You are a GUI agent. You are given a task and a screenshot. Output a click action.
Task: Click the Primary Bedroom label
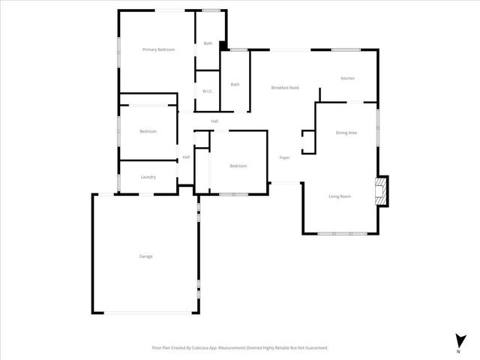click(158, 49)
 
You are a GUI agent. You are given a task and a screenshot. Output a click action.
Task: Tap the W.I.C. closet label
click(207, 91)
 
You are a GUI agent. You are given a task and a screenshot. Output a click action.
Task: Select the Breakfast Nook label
click(285, 88)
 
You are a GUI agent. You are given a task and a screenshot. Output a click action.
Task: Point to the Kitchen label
click(347, 79)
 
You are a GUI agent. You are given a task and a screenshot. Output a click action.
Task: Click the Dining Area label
click(346, 133)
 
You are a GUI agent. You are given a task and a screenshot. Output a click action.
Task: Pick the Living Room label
click(340, 196)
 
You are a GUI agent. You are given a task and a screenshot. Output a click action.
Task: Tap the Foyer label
click(284, 157)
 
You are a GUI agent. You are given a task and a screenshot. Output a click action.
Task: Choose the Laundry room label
click(148, 177)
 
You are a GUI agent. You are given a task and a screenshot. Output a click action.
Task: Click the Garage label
click(145, 256)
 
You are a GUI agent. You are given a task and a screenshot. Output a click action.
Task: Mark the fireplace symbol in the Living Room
click(382, 191)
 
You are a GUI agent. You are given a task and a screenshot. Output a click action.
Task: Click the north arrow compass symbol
click(458, 340)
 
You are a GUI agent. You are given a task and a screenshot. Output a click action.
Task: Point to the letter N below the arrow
click(458, 351)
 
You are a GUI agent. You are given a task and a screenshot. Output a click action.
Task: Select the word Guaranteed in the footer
click(312, 348)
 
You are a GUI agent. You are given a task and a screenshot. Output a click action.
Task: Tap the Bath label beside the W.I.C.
click(235, 84)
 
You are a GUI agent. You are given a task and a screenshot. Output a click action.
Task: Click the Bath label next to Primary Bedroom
click(208, 43)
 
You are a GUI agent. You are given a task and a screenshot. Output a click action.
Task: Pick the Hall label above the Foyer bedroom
click(214, 121)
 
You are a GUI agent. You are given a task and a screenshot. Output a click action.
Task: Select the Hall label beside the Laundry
click(185, 157)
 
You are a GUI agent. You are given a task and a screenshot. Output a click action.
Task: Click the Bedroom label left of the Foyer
click(238, 166)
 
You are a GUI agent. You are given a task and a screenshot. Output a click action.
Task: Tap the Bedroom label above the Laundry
click(148, 131)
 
